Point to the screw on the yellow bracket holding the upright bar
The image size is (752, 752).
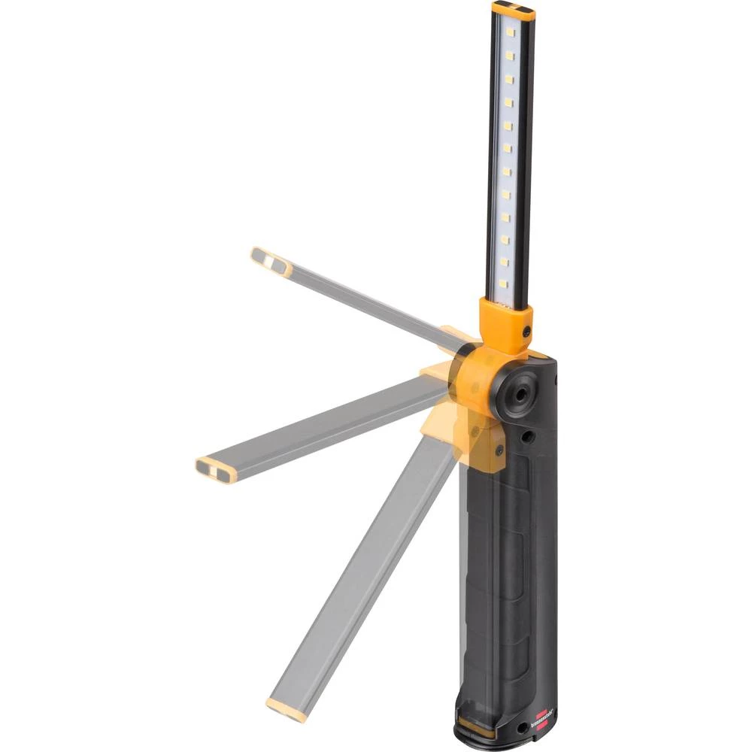pos(526,331)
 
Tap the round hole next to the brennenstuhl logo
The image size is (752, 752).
pos(520,728)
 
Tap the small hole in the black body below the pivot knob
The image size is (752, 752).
pos(528,436)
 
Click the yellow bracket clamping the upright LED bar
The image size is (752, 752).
pos(505,323)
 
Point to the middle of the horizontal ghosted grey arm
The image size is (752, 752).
pos(323,429)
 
